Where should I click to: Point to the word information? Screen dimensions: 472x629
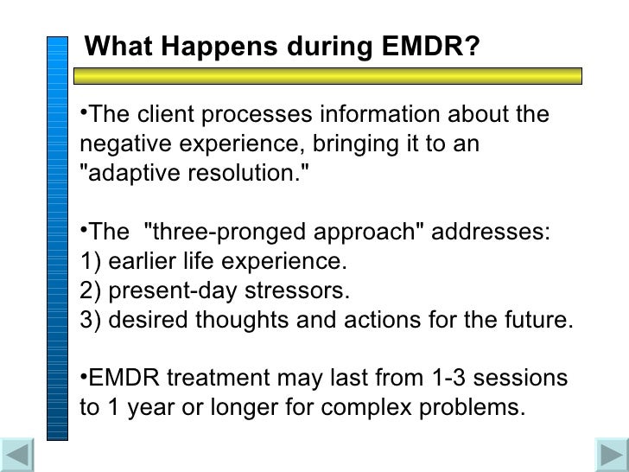point(376,115)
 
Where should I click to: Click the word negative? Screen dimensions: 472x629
point(127,144)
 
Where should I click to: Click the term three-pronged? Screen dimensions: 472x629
point(220,233)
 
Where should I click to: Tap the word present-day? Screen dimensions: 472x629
point(168,290)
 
